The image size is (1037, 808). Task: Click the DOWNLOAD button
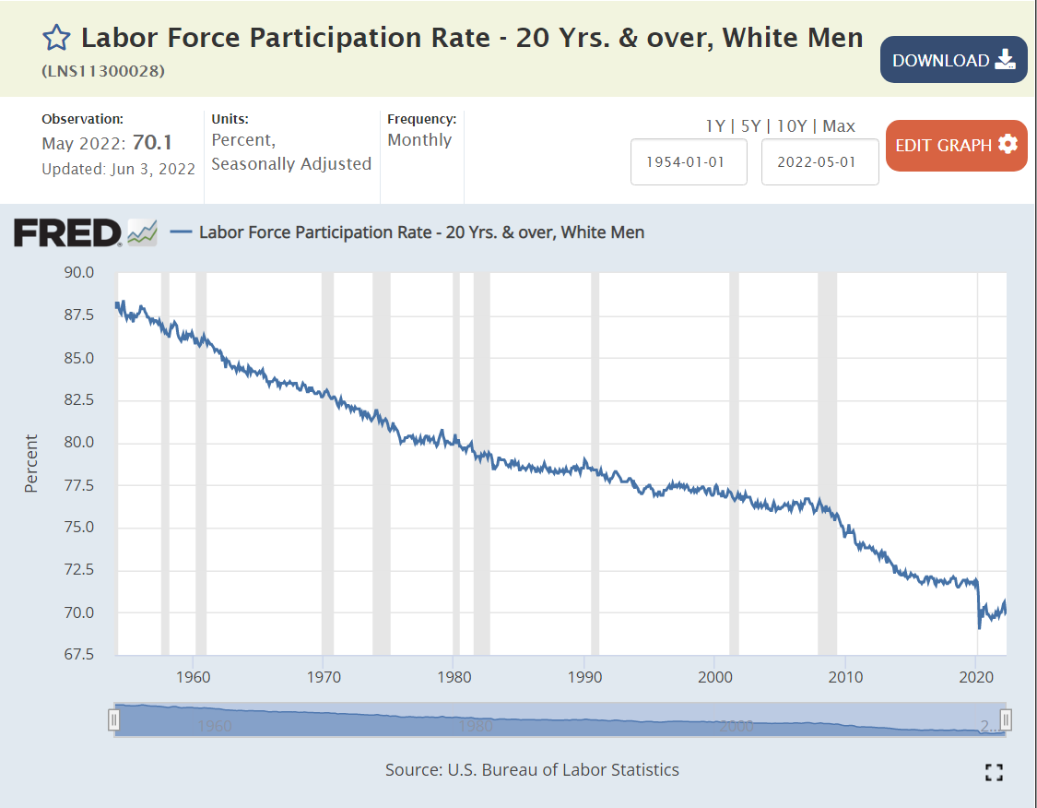[x=953, y=60]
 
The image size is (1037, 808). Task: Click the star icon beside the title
[x=56, y=38]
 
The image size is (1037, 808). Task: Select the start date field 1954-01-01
[x=689, y=161]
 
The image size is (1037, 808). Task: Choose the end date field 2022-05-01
[x=819, y=161]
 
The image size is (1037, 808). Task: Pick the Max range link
[x=839, y=126]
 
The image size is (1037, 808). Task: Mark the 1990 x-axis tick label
[x=584, y=677]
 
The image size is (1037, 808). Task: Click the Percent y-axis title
[x=31, y=463]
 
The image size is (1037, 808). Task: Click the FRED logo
[x=67, y=232]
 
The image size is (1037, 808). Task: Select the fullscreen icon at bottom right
[x=994, y=773]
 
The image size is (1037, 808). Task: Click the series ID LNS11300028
[x=103, y=71]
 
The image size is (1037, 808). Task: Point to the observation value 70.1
[x=152, y=143]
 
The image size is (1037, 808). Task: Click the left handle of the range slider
[x=113, y=719]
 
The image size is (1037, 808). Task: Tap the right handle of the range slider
[x=1007, y=719]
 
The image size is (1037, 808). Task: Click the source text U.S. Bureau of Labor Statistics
[x=563, y=769]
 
